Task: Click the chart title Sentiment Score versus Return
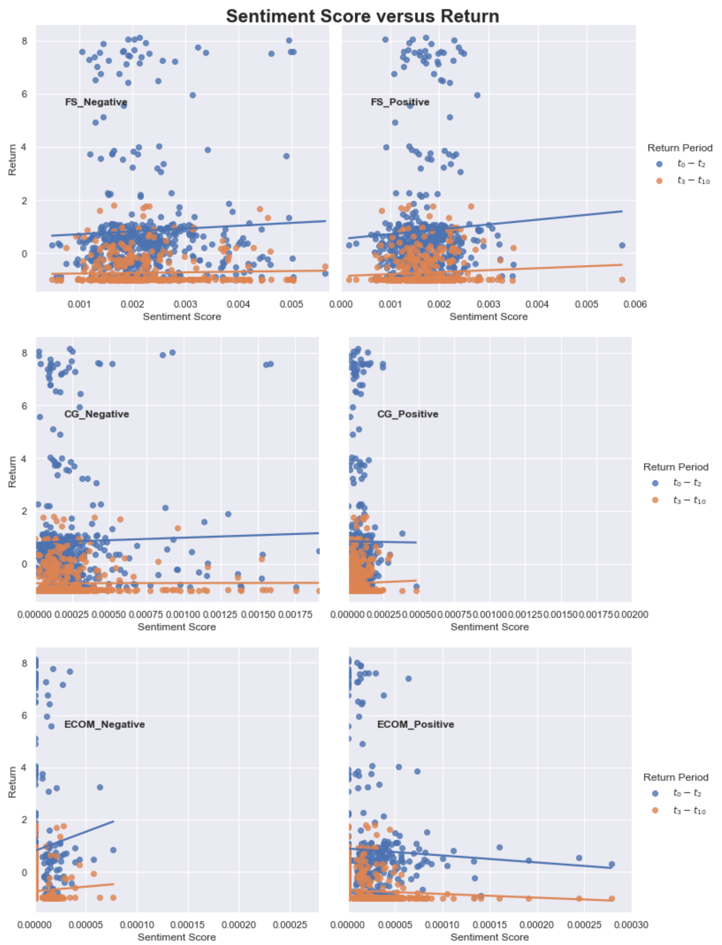[x=362, y=16]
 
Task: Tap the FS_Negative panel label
[x=96, y=102]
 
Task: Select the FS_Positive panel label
[x=400, y=102]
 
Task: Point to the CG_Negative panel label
[x=97, y=414]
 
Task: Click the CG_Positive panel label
[x=408, y=414]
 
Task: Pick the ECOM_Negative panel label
[x=104, y=724]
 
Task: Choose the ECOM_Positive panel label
[x=416, y=724]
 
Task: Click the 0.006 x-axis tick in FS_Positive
[x=635, y=304]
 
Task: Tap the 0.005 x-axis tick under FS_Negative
[x=291, y=304]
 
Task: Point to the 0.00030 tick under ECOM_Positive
[x=631, y=924]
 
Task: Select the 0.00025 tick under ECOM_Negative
[x=290, y=924]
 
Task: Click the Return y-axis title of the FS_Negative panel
[x=12, y=160]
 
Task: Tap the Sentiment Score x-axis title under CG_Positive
[x=490, y=626]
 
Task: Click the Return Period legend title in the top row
[x=680, y=148]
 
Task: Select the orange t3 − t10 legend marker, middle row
[x=655, y=500]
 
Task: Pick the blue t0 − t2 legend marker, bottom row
[x=655, y=793]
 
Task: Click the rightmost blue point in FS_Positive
[x=622, y=246]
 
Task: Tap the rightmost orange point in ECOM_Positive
[x=612, y=898]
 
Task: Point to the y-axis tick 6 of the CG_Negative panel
[x=24, y=406]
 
